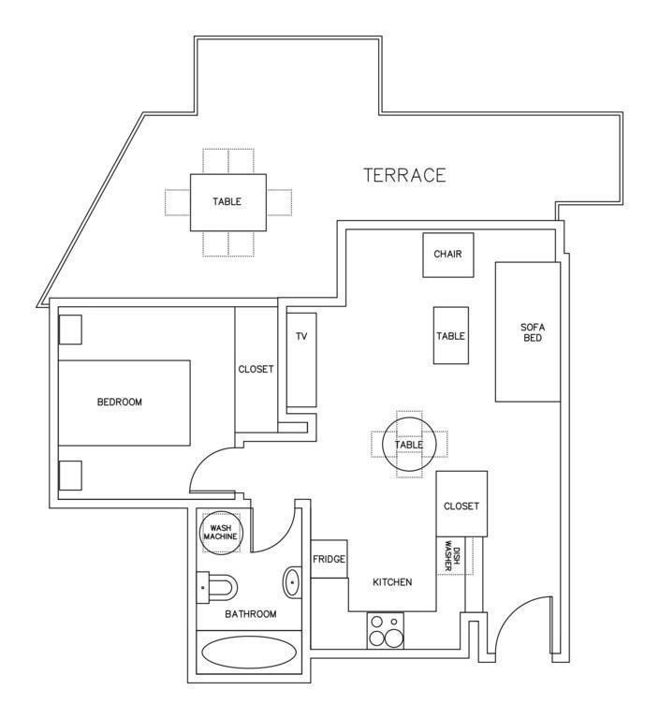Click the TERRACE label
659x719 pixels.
coord(404,175)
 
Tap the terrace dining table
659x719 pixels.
coord(227,202)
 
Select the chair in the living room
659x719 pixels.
coord(448,255)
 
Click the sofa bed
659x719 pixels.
coord(528,332)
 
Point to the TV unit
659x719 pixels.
coord(301,359)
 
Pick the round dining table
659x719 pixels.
coord(409,445)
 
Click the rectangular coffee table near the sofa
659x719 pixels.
coord(451,336)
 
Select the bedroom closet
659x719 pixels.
coord(256,370)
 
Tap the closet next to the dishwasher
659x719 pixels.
coord(461,504)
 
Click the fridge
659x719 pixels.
coord(329,559)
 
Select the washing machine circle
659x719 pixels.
coord(221,533)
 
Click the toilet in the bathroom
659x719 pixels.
coord(216,586)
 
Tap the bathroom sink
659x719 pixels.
coord(292,582)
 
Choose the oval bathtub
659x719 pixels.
coord(249,653)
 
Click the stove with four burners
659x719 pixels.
coord(386,630)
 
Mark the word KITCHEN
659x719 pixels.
coord(392,582)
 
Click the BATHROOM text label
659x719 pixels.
coord(250,614)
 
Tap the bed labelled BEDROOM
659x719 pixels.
coord(124,403)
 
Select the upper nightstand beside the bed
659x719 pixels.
coord(70,330)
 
